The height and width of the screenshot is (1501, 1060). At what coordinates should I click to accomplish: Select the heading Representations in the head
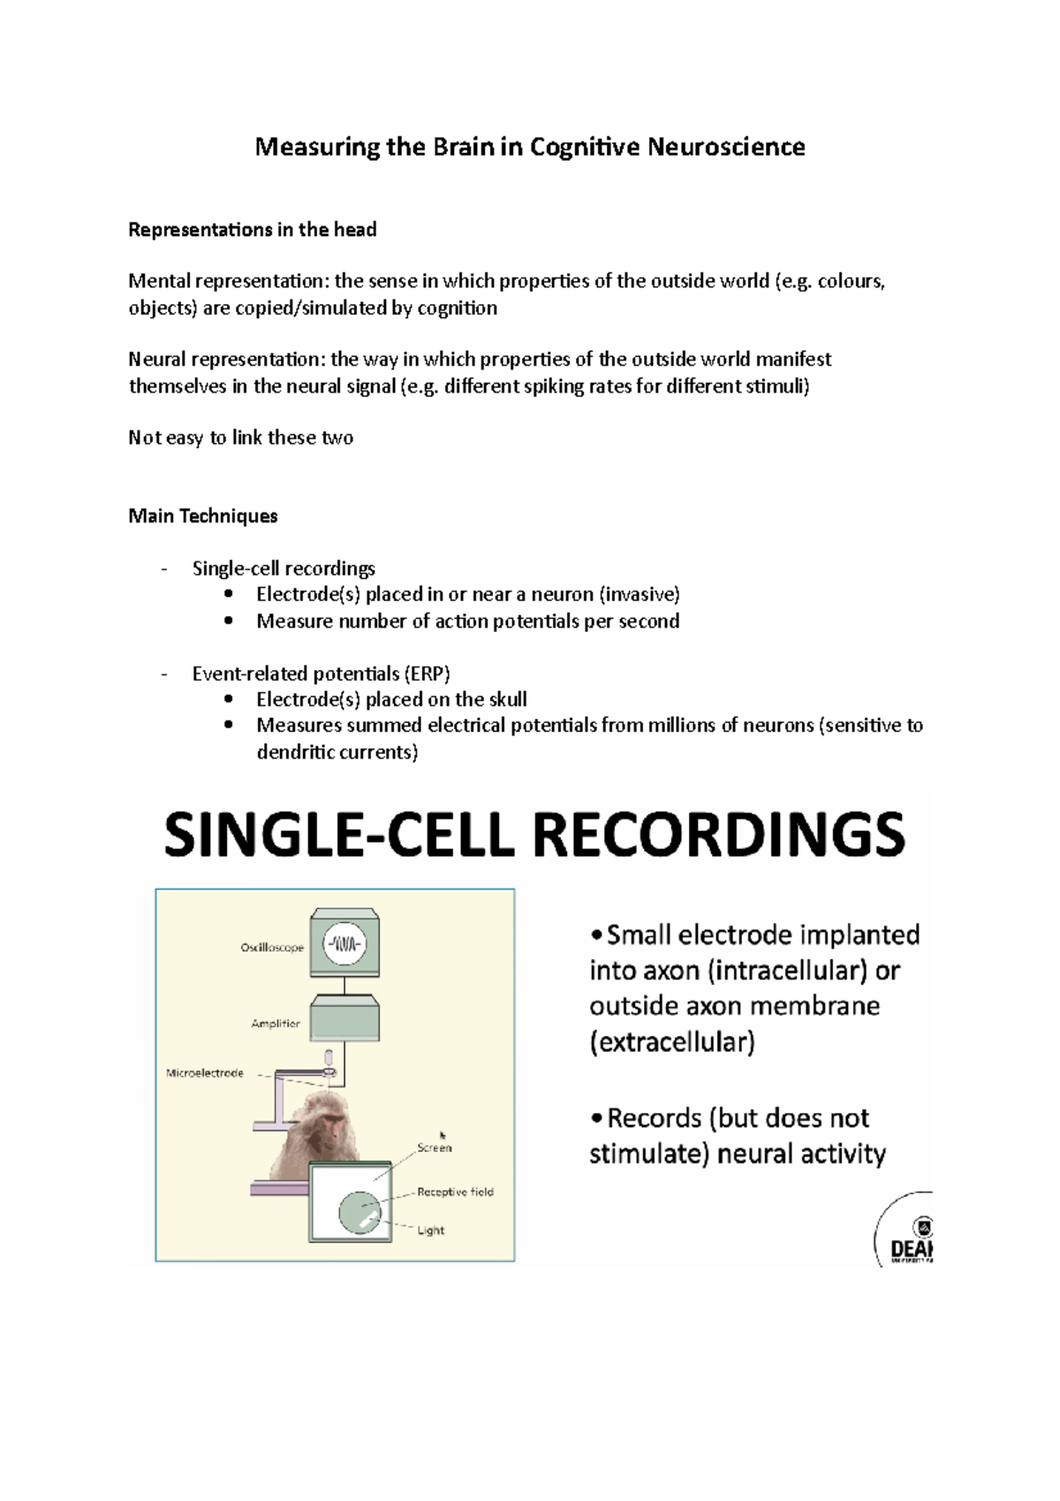point(253,230)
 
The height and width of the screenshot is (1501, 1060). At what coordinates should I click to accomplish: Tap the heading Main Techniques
point(203,516)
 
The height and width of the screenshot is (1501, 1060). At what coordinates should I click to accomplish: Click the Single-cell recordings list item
point(284,568)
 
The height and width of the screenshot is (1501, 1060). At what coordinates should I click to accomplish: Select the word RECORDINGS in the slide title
point(722,835)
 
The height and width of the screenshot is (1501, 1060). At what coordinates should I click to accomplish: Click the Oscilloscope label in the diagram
point(272,948)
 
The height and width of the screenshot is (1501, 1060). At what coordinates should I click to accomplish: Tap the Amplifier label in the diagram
point(276,1024)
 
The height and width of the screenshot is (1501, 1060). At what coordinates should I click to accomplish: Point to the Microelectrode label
point(205,1073)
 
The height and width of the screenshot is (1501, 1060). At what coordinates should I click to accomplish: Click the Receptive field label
point(455,1192)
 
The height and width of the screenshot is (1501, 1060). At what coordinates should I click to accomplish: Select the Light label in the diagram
point(431,1230)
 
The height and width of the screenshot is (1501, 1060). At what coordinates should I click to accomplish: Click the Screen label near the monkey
point(434,1148)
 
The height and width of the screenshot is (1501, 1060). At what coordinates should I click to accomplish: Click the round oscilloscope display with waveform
point(345,943)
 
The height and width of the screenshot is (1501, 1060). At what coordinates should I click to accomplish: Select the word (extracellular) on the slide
point(672,1043)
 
